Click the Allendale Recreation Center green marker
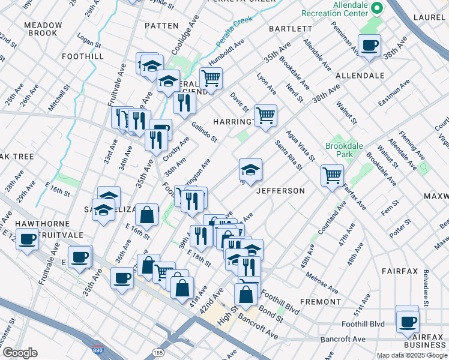click(377, 8)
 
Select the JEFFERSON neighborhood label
click(280, 191)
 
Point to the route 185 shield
click(158, 352)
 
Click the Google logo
click(20, 352)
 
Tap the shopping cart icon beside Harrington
click(265, 115)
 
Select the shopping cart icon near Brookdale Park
click(332, 175)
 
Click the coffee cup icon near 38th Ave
click(369, 44)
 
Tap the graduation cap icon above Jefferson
click(250, 169)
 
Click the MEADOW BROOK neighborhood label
click(43, 29)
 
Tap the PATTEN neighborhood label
click(161, 26)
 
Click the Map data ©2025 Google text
click(411, 355)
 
